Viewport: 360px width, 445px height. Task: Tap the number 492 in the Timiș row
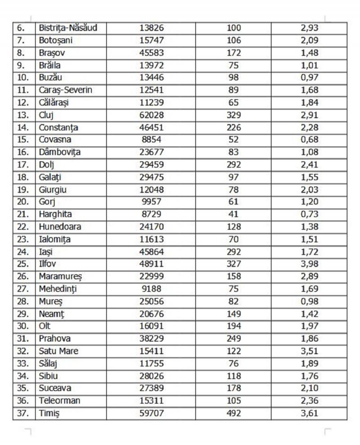[x=234, y=414]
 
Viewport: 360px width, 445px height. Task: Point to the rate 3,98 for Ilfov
[x=309, y=264]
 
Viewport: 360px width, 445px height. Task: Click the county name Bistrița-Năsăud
[x=68, y=28]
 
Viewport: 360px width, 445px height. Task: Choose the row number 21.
[x=22, y=214]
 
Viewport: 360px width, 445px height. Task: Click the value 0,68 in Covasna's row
[x=309, y=139]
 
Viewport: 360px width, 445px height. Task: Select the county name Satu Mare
[x=59, y=351]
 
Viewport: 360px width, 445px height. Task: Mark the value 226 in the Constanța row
[x=234, y=127]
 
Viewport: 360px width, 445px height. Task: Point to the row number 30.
[x=22, y=326]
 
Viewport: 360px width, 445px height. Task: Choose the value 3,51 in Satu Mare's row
[x=309, y=351]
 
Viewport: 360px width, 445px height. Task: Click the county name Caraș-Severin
[x=66, y=90]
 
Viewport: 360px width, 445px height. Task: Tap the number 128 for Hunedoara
[x=234, y=227]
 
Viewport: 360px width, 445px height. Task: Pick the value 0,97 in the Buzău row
[x=309, y=77]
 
